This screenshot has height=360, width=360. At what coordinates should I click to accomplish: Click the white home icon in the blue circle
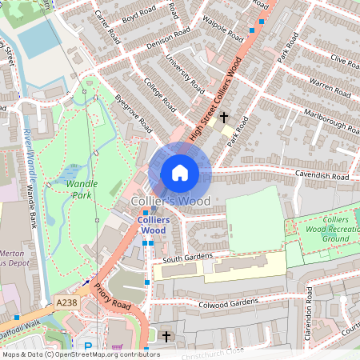[x=179, y=172]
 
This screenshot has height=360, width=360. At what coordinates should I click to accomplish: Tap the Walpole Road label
[x=223, y=30]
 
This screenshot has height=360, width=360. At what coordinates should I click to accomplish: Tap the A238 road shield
[x=66, y=304]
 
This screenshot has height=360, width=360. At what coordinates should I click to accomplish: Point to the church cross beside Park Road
[x=224, y=118]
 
